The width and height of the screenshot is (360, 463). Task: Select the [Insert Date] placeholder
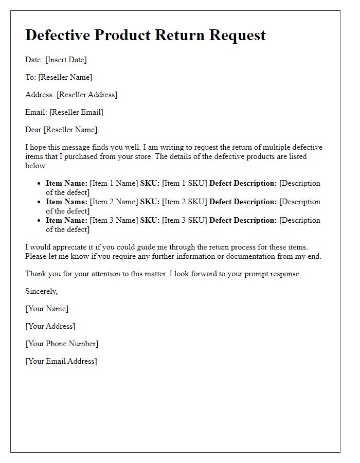[66, 60]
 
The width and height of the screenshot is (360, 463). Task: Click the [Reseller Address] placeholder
[87, 95]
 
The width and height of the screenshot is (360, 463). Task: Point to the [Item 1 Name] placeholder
[114, 183]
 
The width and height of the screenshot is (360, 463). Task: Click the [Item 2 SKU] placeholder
[184, 202]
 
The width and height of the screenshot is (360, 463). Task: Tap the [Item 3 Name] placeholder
[114, 220]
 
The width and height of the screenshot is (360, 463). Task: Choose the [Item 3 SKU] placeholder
[184, 220]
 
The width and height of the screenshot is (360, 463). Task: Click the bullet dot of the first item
[39, 184]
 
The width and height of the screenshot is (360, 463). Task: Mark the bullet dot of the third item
[39, 221]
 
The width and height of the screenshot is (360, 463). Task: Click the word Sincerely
[41, 291]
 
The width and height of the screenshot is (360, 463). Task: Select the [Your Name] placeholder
[47, 309]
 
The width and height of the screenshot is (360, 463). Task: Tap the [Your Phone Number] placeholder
[62, 344]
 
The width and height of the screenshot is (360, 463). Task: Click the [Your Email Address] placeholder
[61, 361]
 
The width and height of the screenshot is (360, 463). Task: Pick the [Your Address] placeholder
[50, 326]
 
